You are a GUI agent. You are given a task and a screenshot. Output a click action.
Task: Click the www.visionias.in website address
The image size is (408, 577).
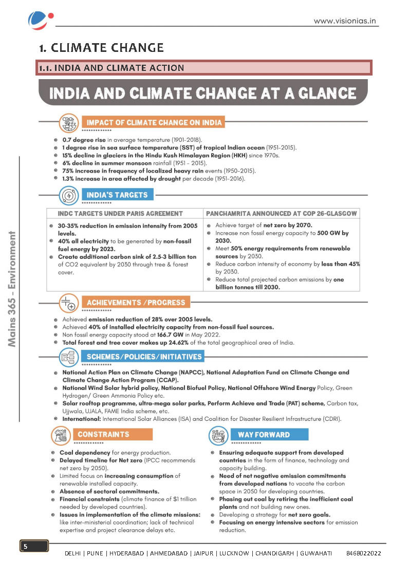(x=345, y=21)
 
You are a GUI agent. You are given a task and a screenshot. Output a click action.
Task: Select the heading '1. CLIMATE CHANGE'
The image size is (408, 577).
(x=102, y=48)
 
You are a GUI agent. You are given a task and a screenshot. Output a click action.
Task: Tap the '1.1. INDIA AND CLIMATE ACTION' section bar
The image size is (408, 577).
(x=203, y=68)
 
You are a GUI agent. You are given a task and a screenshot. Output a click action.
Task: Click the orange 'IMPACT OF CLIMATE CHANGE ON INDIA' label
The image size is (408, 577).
(x=154, y=123)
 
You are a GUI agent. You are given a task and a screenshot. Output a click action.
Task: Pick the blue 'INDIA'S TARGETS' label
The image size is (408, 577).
(x=117, y=195)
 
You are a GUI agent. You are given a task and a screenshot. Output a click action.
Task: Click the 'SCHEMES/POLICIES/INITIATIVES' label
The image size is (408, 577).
(x=143, y=357)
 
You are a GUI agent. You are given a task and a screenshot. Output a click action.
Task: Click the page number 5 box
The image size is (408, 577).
(x=34, y=546)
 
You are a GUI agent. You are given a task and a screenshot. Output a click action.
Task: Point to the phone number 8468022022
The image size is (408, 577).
(x=363, y=553)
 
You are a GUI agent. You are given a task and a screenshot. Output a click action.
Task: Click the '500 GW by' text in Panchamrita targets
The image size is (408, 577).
(x=329, y=233)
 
